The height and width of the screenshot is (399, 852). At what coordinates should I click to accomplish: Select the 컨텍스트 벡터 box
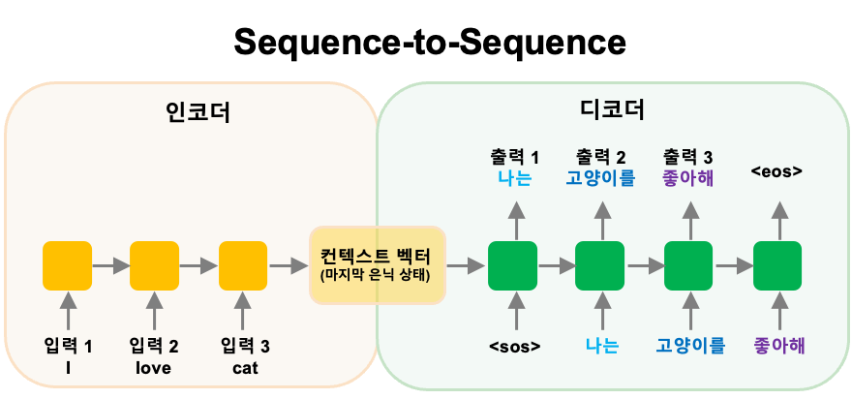[x=378, y=264]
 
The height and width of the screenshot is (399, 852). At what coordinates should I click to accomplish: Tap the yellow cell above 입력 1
[x=68, y=264]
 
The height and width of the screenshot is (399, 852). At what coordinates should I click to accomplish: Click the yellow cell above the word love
[x=155, y=264]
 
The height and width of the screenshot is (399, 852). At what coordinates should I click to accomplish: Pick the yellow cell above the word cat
[x=243, y=264]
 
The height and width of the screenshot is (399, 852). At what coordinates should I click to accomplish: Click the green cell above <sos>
[x=513, y=264]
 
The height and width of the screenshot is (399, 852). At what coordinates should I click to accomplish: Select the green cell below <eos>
[x=776, y=264]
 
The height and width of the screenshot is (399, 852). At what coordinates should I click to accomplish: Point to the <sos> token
[x=514, y=346]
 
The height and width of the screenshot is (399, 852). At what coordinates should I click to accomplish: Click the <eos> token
[x=776, y=172]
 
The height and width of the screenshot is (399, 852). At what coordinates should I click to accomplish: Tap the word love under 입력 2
[x=153, y=368]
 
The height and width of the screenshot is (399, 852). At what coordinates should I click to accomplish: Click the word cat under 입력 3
[x=245, y=368]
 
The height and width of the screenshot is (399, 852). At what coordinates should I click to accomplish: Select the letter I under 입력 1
[x=68, y=368]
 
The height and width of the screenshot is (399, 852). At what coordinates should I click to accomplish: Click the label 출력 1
[x=515, y=156]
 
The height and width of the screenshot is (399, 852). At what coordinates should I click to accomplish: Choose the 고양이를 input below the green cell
[x=690, y=346]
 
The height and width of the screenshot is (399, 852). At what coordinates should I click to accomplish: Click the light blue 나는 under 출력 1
[x=515, y=177]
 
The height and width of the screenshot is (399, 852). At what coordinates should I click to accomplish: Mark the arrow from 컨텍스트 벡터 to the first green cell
[x=466, y=264]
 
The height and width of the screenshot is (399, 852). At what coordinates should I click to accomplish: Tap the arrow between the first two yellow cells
[x=111, y=264]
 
